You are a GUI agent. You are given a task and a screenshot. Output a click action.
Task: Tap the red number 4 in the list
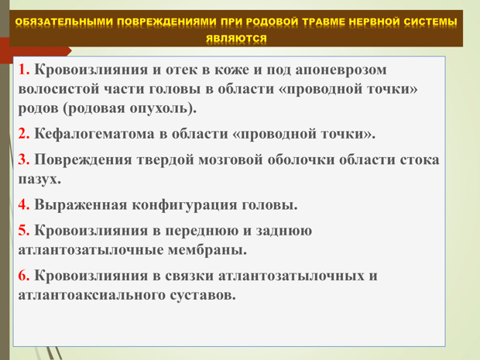click(x=23, y=204)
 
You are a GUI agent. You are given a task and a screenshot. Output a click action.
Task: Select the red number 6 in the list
click(x=23, y=276)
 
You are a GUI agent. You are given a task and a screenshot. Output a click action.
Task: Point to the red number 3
click(x=23, y=159)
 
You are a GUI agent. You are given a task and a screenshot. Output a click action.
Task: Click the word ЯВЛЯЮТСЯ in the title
click(x=236, y=39)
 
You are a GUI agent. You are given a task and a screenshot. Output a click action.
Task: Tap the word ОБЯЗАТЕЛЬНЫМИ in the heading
click(x=64, y=22)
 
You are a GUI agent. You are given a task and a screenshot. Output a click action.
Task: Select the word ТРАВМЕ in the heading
click(x=324, y=22)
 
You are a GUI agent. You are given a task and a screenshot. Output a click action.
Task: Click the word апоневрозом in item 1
click(x=341, y=70)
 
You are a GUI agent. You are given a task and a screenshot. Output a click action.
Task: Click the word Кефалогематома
click(x=94, y=134)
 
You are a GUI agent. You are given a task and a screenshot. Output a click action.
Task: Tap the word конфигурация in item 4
click(x=184, y=205)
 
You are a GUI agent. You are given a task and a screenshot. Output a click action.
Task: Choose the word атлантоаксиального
click(x=92, y=295)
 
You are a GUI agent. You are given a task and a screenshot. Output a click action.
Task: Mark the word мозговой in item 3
click(x=231, y=160)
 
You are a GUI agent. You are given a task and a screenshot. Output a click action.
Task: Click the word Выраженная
click(x=81, y=205)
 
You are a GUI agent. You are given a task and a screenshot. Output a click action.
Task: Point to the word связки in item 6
click(x=190, y=276)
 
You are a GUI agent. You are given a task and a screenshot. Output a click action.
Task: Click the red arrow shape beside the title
click(x=35, y=50)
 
